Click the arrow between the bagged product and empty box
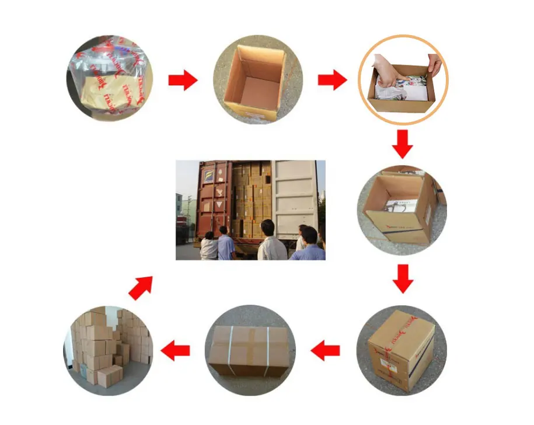tap(183, 81)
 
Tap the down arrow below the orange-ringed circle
tap(402, 144)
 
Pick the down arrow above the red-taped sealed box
tap(402, 278)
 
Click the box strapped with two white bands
tap(249, 350)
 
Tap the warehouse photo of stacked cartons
tap(108, 349)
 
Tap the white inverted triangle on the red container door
tap(218, 205)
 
